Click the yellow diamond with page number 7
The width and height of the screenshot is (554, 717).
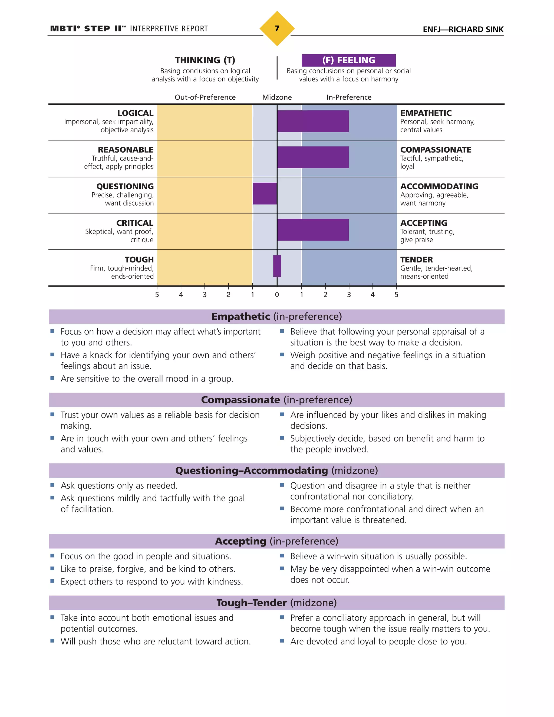pos(277,29)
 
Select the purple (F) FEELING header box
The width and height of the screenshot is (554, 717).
pos(348,60)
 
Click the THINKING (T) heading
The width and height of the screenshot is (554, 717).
pos(205,60)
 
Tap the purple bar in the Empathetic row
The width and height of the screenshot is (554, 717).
pos(313,121)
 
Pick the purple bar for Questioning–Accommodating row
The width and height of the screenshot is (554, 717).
pos(265,194)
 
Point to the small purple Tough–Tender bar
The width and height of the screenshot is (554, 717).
pos(277,266)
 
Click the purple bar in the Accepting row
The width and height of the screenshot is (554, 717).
pos(313,230)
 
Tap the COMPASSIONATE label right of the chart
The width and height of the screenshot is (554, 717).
pos(436,150)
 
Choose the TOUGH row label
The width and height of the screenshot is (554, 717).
pos(139,259)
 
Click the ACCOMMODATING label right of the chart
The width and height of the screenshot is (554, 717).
pos(439,186)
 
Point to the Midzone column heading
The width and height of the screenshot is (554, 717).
pos(277,97)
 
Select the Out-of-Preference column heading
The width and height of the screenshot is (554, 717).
pos(205,97)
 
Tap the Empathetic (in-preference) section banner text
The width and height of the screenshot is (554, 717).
pos(276,317)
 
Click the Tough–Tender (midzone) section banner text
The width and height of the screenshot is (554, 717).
pos(276,603)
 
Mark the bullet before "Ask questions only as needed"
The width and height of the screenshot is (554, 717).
pos(52,485)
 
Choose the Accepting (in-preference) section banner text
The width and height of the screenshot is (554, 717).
pos(276,541)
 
